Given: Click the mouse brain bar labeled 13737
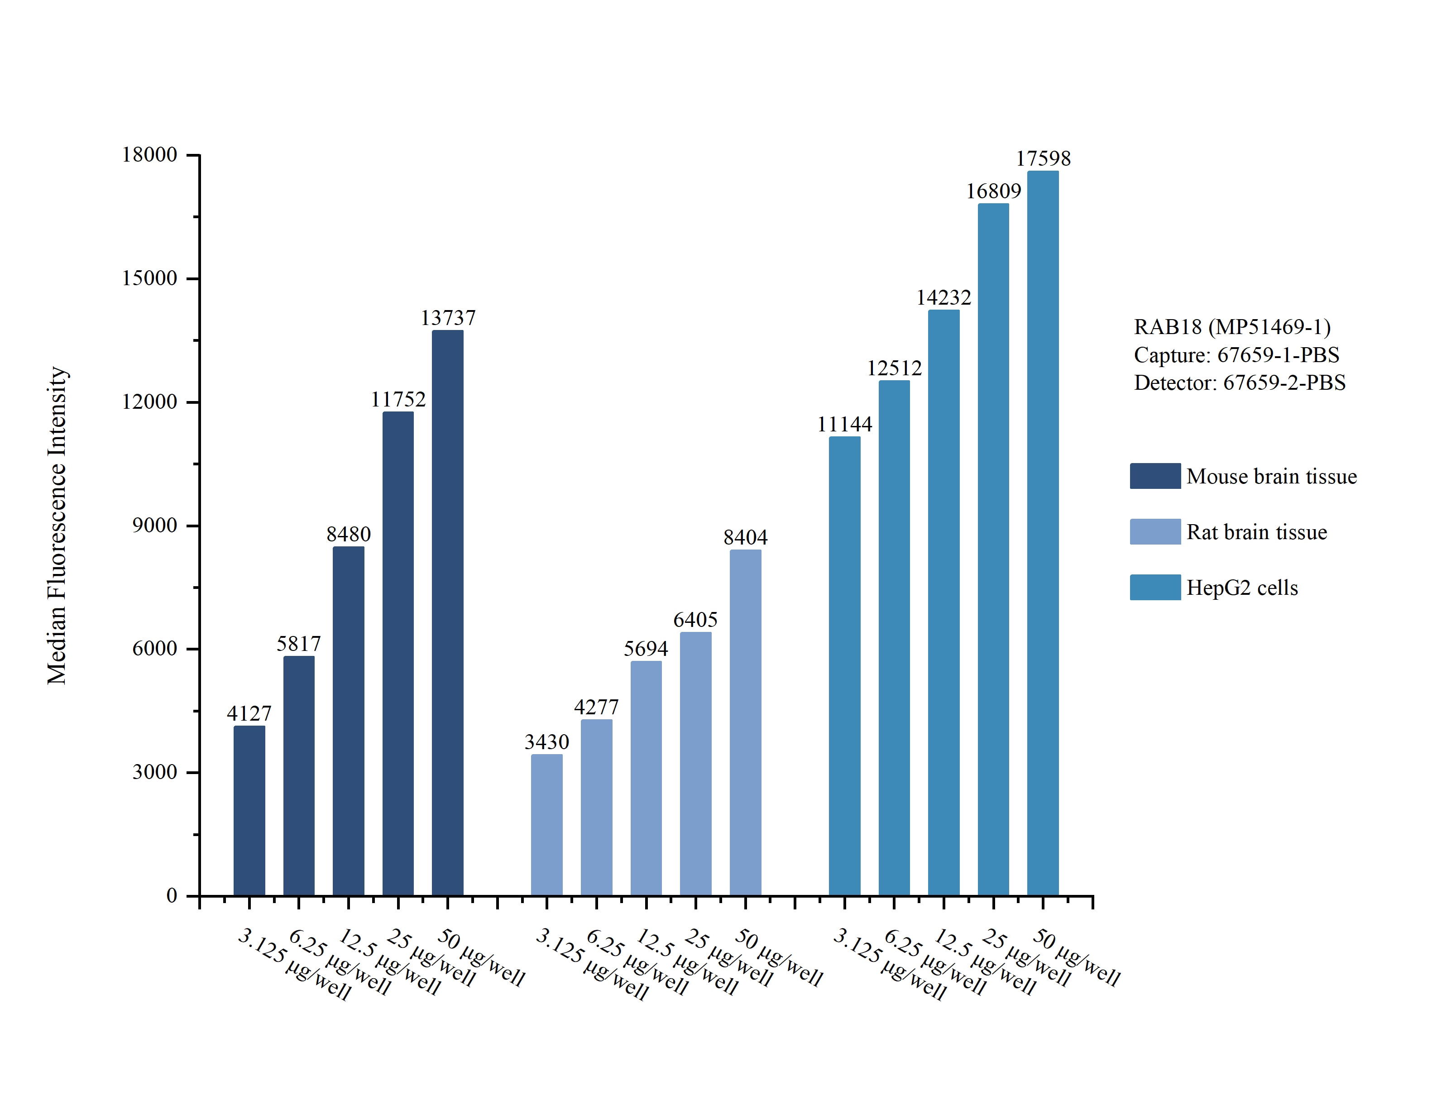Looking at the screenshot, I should click(x=448, y=613).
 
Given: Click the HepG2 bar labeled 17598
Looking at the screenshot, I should click(x=1043, y=533).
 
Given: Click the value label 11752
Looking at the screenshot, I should click(x=398, y=399).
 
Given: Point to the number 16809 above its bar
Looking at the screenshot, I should click(x=993, y=191).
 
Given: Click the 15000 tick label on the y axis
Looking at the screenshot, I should click(x=149, y=278).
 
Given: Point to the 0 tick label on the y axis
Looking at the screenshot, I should click(x=172, y=895).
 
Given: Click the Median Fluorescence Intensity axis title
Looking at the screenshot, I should click(x=57, y=525).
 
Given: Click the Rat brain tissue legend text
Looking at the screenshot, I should click(x=1256, y=532).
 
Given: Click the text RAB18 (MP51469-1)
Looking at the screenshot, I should click(x=1232, y=326).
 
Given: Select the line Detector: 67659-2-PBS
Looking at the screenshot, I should click(x=1239, y=382).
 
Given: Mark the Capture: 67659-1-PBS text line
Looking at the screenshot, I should click(x=1236, y=355).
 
